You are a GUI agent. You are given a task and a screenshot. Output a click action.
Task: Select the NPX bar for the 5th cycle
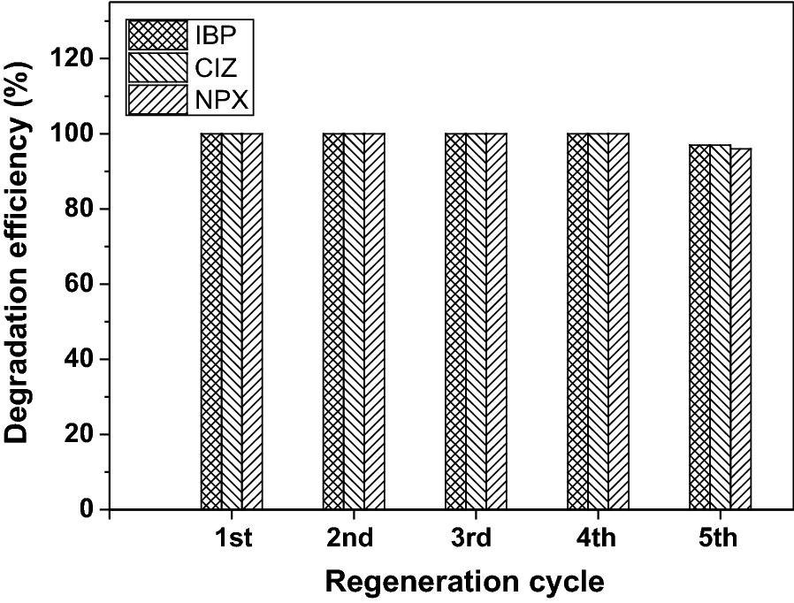tap(740, 328)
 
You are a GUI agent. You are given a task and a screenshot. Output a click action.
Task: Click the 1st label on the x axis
tap(232, 538)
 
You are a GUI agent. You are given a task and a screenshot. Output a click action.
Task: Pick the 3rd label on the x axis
tap(476, 538)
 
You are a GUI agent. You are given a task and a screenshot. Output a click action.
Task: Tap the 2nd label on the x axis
tap(354, 538)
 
